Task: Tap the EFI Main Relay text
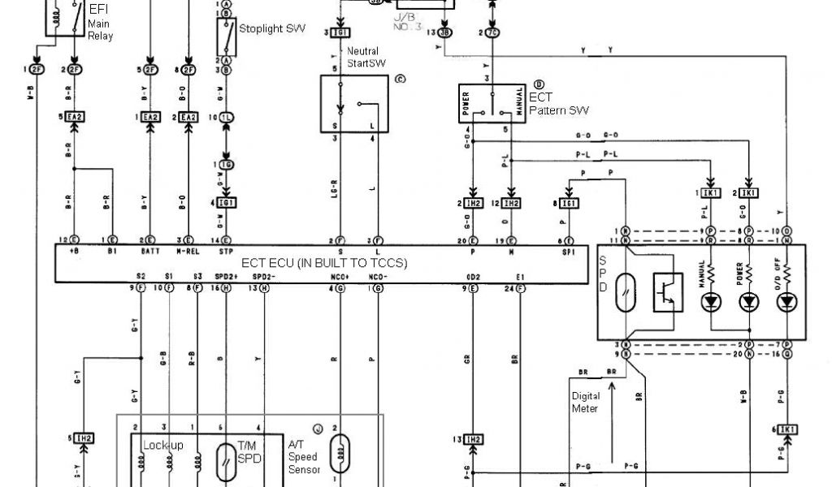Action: click(100, 24)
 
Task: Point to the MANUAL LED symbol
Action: click(712, 302)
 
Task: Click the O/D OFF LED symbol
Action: click(786, 302)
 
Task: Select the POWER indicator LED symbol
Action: click(748, 302)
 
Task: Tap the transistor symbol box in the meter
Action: click(667, 293)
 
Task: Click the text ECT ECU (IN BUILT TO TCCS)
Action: click(324, 263)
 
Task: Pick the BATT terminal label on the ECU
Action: click(149, 252)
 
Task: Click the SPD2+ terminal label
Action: click(227, 276)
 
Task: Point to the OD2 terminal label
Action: click(473, 276)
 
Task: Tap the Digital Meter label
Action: click(586, 403)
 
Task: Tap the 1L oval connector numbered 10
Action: click(227, 118)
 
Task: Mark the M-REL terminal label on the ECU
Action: click(188, 252)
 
